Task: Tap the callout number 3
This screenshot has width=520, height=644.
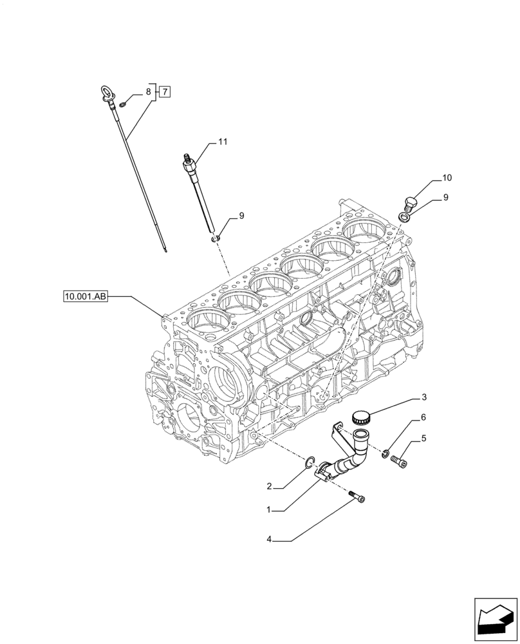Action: click(423, 397)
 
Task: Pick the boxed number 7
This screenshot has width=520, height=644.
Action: click(165, 92)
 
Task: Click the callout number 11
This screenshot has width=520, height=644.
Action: click(223, 141)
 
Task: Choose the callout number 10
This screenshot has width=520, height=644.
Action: click(447, 177)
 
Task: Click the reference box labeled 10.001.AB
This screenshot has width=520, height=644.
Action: click(86, 297)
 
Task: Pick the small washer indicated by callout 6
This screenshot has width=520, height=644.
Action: click(385, 454)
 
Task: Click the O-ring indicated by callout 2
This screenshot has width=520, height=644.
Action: click(310, 462)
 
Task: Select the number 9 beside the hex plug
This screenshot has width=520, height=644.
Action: click(445, 198)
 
